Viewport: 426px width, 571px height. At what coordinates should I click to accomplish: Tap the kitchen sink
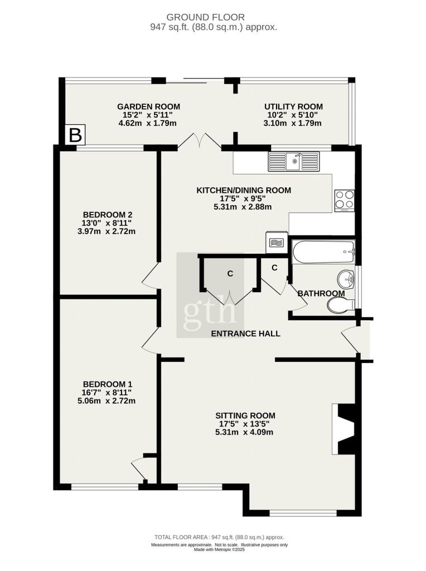pyautogui.click(x=294, y=162)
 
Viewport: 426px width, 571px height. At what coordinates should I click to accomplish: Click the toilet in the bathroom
pyautogui.click(x=339, y=304)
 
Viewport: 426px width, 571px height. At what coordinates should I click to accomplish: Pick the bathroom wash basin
pyautogui.click(x=346, y=277)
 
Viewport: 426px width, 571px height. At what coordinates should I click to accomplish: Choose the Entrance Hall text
pyautogui.click(x=245, y=333)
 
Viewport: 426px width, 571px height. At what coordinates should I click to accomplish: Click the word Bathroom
pyautogui.click(x=321, y=293)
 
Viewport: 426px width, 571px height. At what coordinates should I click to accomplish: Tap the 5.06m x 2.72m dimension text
pyautogui.click(x=108, y=400)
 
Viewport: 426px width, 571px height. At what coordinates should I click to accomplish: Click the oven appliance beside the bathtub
pyautogui.click(x=275, y=242)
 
